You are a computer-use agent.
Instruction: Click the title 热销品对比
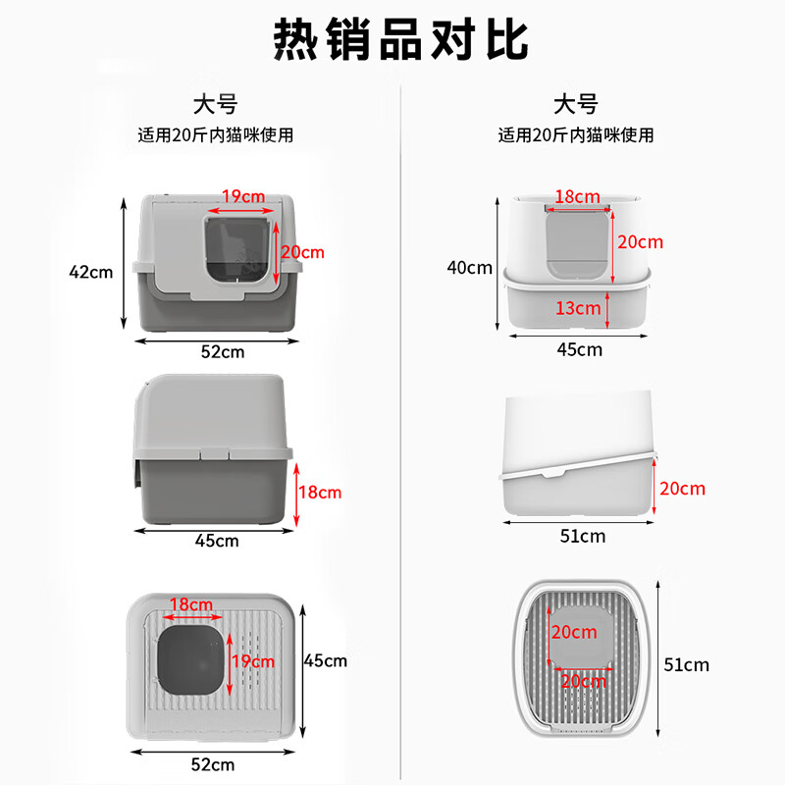(399, 39)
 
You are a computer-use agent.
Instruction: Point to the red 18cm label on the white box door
(577, 196)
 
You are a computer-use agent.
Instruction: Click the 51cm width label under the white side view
(583, 536)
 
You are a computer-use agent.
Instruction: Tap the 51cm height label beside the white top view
(688, 664)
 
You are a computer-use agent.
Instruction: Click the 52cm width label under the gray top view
(213, 762)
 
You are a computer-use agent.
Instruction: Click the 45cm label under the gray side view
(217, 540)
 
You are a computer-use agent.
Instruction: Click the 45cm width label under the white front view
(580, 348)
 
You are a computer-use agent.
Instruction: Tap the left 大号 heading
(216, 103)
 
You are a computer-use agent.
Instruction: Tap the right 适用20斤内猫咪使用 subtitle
(575, 134)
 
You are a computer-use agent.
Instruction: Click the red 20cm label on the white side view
(682, 488)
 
